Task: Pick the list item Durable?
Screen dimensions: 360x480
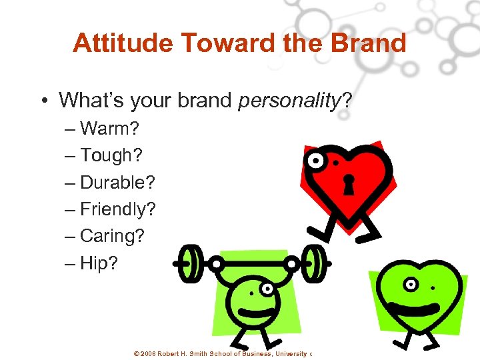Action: click(x=117, y=182)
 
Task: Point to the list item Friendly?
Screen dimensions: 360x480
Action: click(x=117, y=209)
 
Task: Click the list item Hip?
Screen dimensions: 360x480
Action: click(x=99, y=263)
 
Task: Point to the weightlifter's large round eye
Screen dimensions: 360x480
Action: click(x=267, y=289)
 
